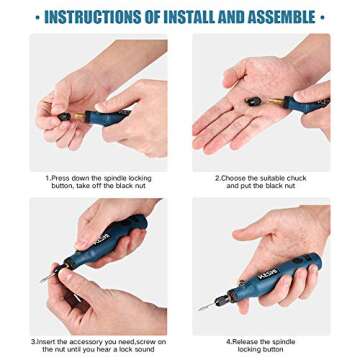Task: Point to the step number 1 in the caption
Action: tap(48, 177)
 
